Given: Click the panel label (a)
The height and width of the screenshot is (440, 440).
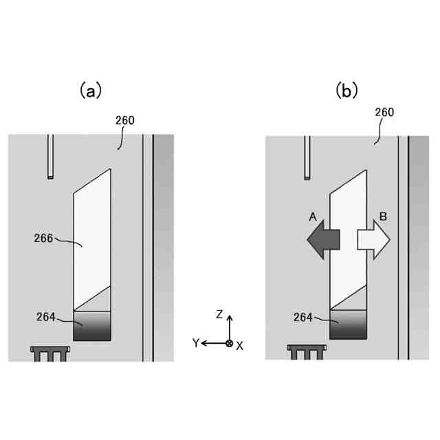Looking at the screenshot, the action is coord(90,90).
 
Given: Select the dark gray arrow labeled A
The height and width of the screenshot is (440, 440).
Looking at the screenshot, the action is coord(322,239).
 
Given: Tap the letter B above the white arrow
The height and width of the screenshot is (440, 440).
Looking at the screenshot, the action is coord(383,217).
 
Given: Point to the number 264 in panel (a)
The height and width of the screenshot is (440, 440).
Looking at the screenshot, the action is coord(46,317).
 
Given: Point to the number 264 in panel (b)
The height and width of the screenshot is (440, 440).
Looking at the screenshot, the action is coord(302,317).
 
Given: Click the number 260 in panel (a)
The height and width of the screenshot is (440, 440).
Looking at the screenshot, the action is coord(125,120).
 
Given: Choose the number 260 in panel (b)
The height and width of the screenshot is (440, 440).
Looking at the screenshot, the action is coord(384,112).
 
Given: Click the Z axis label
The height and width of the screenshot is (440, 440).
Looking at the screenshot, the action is coord(219,314).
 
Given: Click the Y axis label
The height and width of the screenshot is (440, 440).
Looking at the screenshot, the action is coord(196,342).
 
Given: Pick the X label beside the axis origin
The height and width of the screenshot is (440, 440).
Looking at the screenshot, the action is coord(239,346).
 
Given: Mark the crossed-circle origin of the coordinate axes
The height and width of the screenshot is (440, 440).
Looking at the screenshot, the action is coord(229,342).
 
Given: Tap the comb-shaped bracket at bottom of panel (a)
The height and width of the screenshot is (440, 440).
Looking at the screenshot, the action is coord(51,353).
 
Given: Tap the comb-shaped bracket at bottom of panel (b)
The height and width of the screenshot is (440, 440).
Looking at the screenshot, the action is coord(307,352).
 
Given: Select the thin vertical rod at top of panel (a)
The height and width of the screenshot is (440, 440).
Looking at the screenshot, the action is coord(50,157).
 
